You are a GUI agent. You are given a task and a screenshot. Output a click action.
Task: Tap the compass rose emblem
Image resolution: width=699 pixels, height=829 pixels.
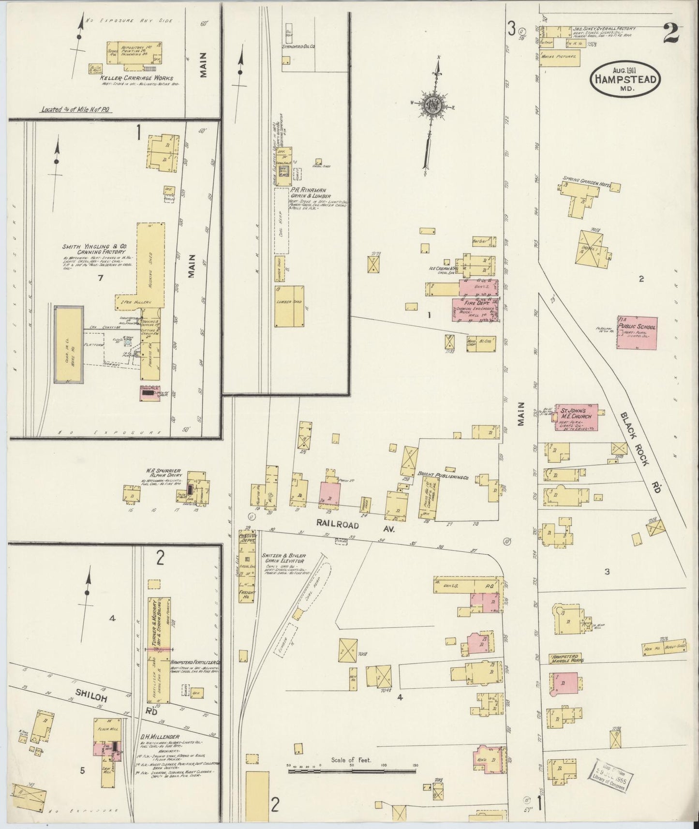(431, 105)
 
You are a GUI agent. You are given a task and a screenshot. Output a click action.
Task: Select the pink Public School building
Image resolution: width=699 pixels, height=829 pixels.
(637, 332)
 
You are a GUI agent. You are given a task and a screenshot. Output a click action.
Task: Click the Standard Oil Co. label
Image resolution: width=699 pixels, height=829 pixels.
(298, 46)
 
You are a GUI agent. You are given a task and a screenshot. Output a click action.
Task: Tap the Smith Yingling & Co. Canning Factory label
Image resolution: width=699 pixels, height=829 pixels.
(93, 250)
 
